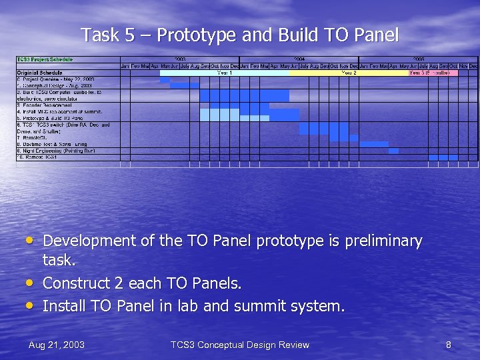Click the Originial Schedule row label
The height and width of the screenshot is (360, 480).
click(40, 72)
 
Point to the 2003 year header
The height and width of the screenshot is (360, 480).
click(180, 59)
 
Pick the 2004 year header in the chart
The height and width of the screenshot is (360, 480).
click(299, 59)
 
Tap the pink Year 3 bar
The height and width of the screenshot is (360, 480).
click(433, 73)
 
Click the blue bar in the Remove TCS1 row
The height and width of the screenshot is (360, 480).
click(443, 157)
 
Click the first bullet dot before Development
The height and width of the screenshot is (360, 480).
click(31, 239)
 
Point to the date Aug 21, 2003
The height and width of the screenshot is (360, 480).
click(57, 345)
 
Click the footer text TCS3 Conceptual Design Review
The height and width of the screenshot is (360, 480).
click(239, 345)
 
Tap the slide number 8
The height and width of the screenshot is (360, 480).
click(448, 345)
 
